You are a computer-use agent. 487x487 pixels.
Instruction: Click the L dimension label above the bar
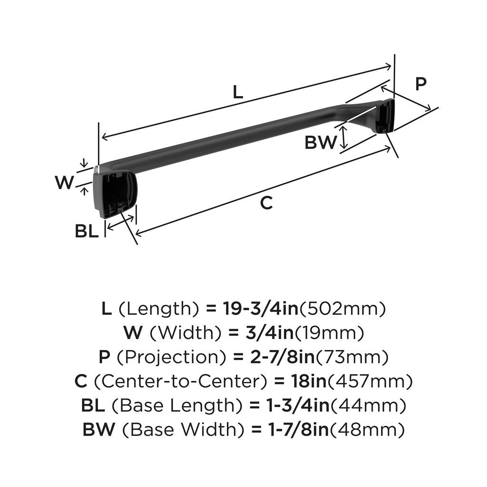[238, 92]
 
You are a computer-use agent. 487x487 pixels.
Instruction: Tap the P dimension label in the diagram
[420, 84]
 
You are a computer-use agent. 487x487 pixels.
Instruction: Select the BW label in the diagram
[321, 142]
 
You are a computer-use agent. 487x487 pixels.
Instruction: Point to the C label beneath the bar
[267, 203]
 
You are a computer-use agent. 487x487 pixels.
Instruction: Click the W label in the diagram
[64, 182]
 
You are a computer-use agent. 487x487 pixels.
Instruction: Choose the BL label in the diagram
[87, 232]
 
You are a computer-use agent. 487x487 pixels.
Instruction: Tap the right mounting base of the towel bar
[384, 117]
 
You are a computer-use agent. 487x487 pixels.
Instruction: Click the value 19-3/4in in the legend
[260, 309]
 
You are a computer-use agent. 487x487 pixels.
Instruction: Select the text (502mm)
[341, 309]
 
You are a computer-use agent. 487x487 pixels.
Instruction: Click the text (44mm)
[369, 406]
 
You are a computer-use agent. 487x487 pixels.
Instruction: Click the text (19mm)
[330, 333]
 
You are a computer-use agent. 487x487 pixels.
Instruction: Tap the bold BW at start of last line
[99, 430]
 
